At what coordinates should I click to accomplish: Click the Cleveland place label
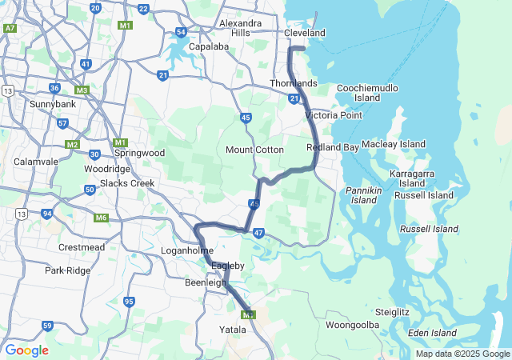click(x=306, y=33)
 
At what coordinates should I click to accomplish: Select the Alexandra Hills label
click(x=239, y=28)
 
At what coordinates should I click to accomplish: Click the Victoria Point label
click(x=334, y=115)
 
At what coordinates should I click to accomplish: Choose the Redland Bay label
click(x=332, y=148)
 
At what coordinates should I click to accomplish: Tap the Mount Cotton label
click(x=255, y=150)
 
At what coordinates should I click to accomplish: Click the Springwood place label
click(x=140, y=153)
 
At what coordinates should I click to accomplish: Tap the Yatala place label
click(x=233, y=329)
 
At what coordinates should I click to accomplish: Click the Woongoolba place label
click(x=352, y=325)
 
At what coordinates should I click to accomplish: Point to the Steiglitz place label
click(x=393, y=311)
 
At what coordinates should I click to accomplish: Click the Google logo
click(x=26, y=350)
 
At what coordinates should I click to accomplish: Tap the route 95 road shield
click(x=130, y=301)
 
